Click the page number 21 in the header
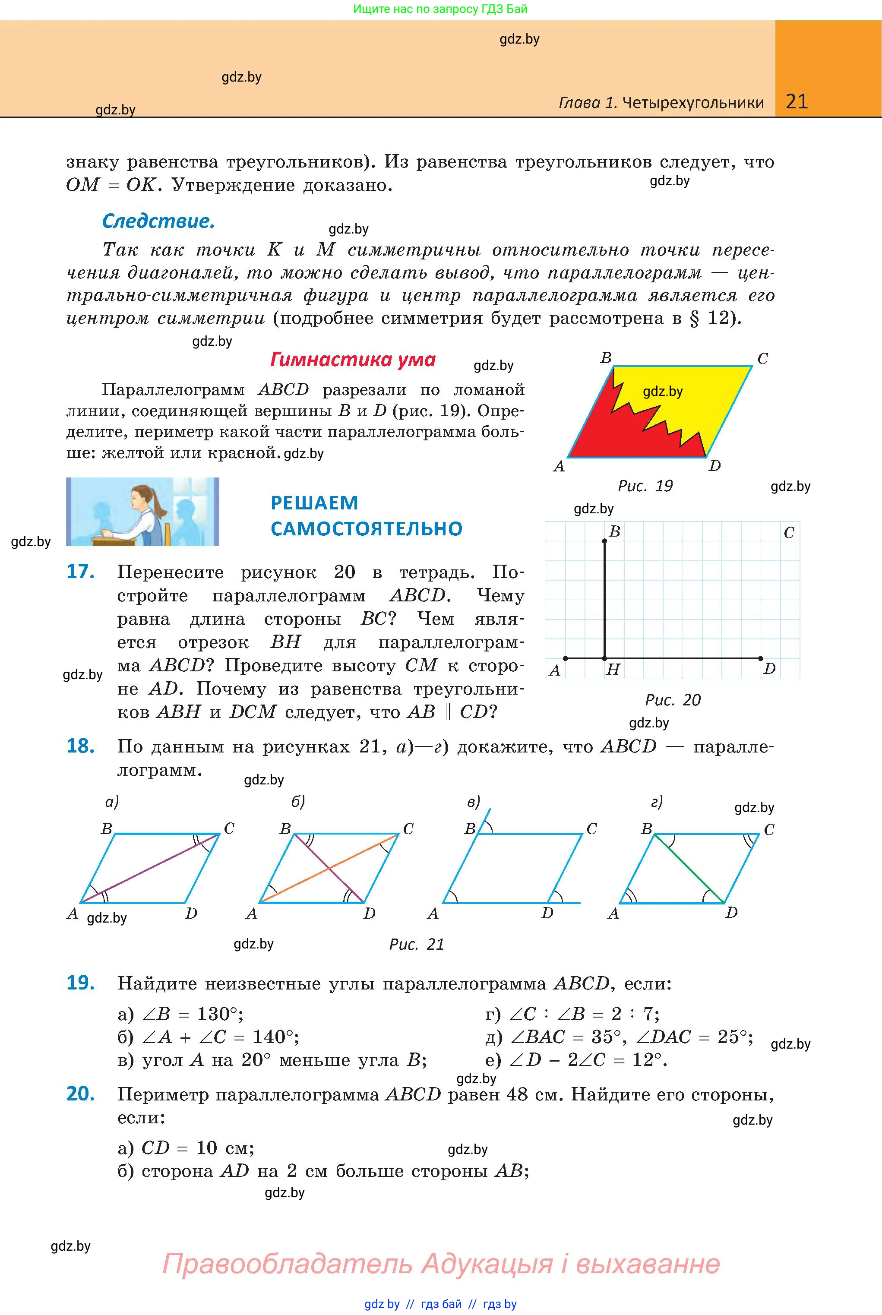[x=796, y=101]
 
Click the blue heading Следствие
[x=158, y=221]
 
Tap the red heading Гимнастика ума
[x=353, y=360]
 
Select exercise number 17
[x=80, y=572]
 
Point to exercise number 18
[x=80, y=746]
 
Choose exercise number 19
[x=80, y=983]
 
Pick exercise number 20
[x=80, y=1094]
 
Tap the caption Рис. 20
[x=673, y=700]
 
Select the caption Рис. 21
[x=416, y=944]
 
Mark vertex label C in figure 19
[x=763, y=359]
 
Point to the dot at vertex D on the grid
[x=761, y=658]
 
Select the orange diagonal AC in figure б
[x=329, y=869]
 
